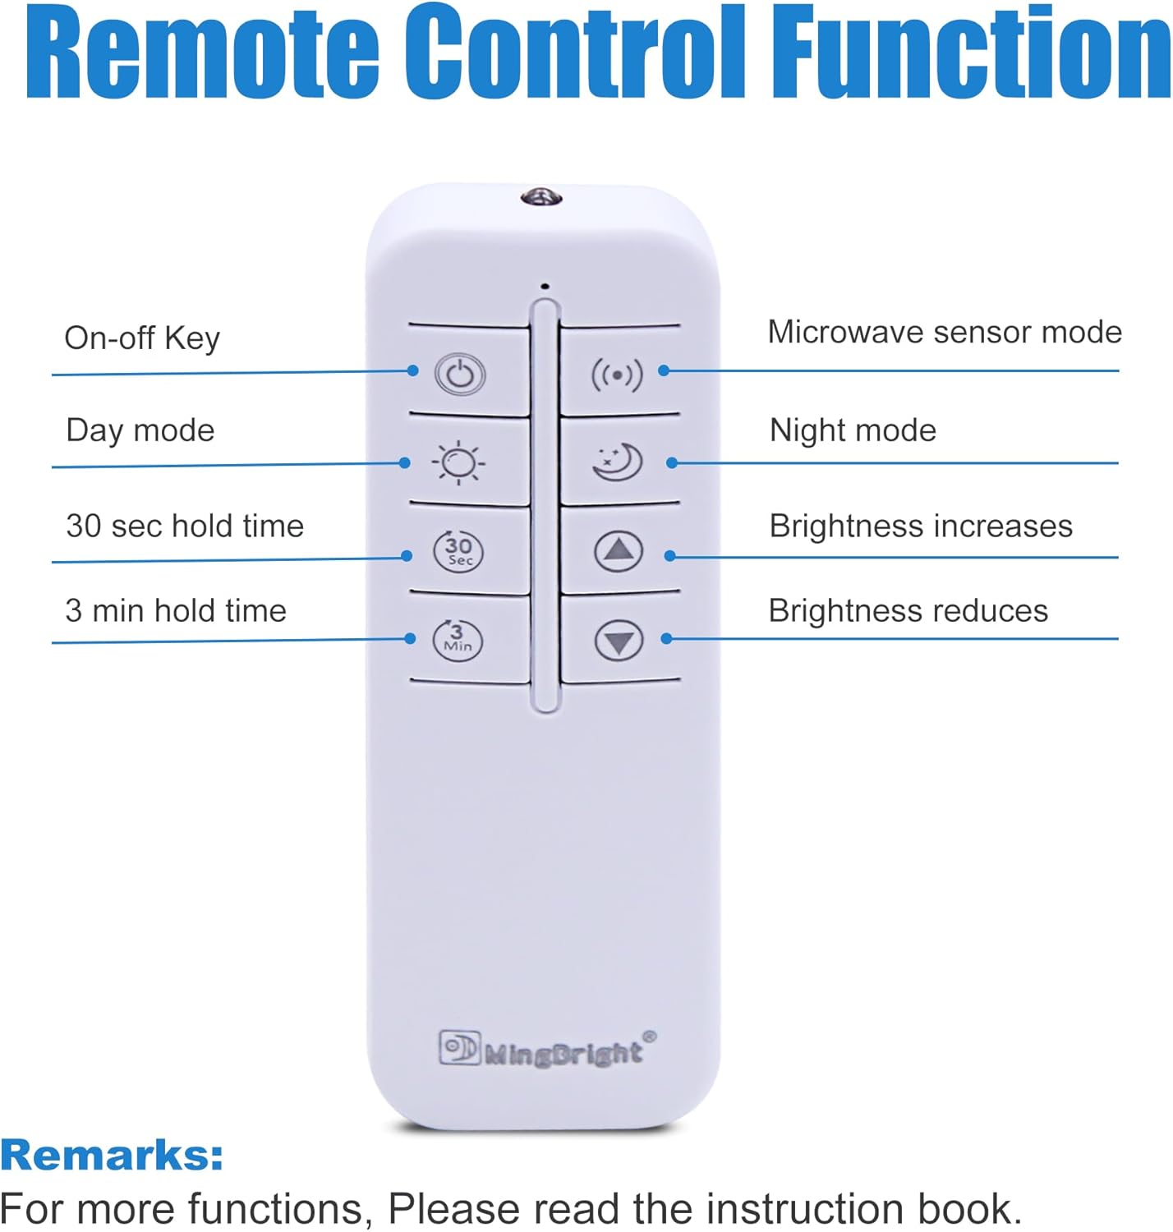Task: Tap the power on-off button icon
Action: point(460,375)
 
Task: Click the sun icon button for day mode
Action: point(458,463)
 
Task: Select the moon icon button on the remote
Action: point(618,462)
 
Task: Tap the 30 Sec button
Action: point(458,550)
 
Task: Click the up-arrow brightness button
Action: point(619,550)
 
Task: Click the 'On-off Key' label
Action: point(142,338)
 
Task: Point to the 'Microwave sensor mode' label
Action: point(945,333)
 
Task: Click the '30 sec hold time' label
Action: point(185,526)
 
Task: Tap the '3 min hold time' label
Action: point(176,611)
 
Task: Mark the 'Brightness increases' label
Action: point(921,526)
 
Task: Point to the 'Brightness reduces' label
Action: point(908,611)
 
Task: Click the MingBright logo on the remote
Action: point(547,1050)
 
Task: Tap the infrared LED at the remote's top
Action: point(540,196)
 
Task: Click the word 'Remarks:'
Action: point(112,1155)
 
